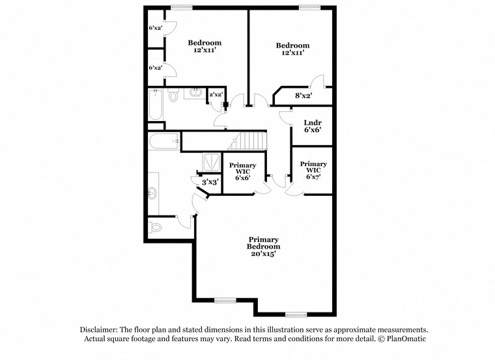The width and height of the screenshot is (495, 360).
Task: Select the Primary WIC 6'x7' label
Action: point(313,169)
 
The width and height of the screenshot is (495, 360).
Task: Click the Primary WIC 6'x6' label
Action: point(242,171)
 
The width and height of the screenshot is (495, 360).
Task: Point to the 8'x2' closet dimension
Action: point(304,96)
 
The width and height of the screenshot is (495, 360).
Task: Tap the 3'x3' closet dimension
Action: point(209,183)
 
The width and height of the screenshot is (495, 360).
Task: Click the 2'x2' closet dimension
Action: point(216,95)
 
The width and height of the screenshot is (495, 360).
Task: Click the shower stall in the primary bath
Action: point(210,160)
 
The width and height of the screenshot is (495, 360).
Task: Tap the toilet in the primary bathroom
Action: point(155,228)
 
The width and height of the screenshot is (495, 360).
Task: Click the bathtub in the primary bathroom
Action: point(163,140)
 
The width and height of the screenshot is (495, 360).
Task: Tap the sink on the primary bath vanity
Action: point(152,192)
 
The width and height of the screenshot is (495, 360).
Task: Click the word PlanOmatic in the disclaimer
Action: point(405,339)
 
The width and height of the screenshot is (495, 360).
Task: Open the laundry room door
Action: point(285,116)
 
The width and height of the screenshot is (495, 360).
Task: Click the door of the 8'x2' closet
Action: point(317,83)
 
